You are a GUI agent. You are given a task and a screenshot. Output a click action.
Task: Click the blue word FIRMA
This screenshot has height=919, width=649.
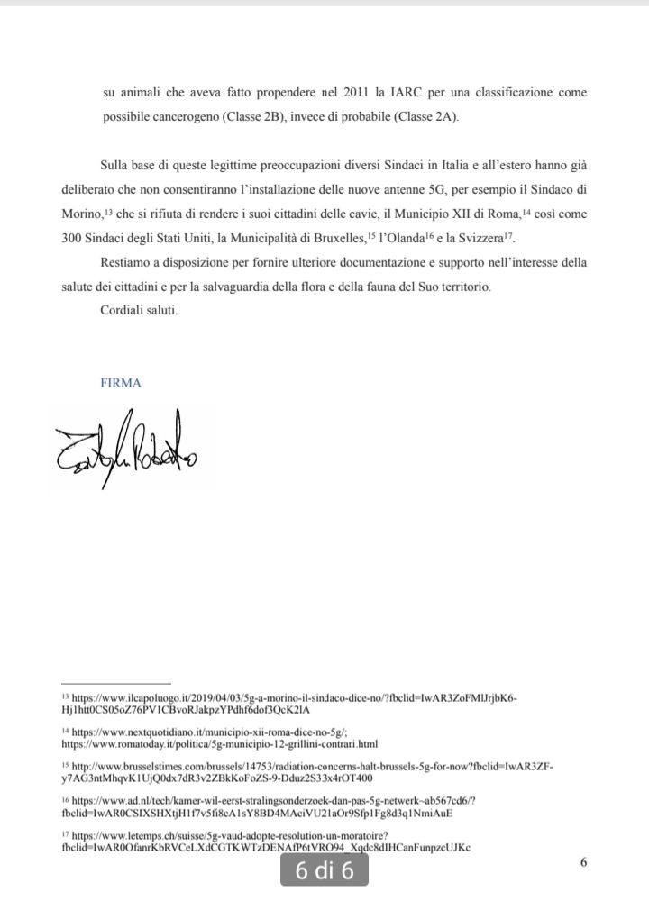122,383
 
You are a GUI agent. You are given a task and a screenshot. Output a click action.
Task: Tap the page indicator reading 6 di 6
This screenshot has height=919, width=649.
324,871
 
